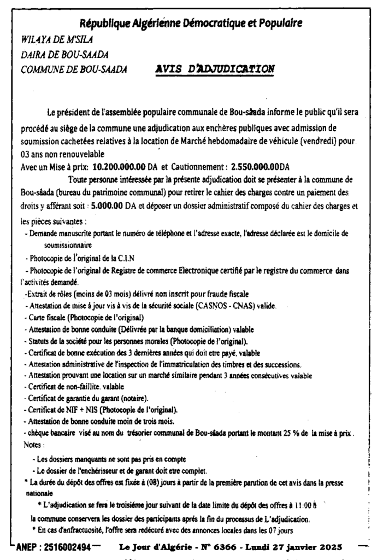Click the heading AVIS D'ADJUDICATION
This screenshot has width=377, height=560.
(215, 69)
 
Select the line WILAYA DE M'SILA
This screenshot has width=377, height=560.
(49, 39)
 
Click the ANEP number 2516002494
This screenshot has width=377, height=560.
(61, 547)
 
